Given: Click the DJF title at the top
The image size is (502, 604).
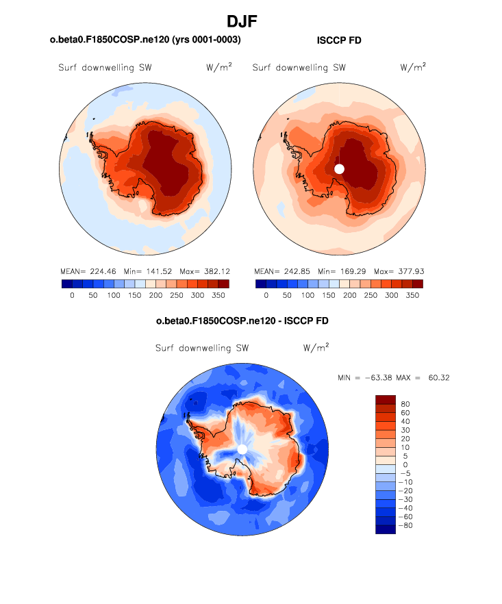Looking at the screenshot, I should pyautogui.click(x=251, y=23).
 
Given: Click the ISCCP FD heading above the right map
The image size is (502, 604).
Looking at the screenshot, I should pyautogui.click(x=339, y=40).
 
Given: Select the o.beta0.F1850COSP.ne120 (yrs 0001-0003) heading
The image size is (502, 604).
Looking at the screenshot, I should pyautogui.click(x=145, y=40).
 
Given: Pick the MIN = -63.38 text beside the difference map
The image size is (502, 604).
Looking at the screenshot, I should pyautogui.click(x=363, y=377).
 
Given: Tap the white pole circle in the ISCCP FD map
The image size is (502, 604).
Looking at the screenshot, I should pyautogui.click(x=339, y=168).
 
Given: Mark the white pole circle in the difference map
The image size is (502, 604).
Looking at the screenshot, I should pyautogui.click(x=242, y=449).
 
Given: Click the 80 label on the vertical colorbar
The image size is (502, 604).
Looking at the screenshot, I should pyautogui.click(x=405, y=404).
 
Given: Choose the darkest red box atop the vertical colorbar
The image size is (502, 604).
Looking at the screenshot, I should pyautogui.click(x=386, y=399).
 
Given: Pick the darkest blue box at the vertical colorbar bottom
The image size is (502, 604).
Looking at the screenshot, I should pyautogui.click(x=386, y=529).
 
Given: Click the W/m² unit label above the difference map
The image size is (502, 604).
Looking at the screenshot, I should pyautogui.click(x=316, y=347).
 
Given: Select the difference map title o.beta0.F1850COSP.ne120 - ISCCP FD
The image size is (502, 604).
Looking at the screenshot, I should pyautogui.click(x=247, y=320).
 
